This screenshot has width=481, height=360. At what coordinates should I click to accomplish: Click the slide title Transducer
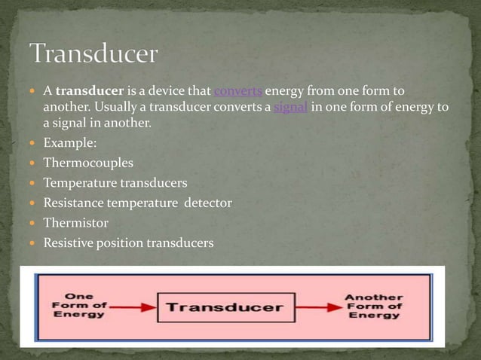(x=93, y=55)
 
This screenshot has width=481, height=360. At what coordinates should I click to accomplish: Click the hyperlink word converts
(x=238, y=92)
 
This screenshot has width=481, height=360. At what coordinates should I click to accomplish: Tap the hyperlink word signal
(x=290, y=108)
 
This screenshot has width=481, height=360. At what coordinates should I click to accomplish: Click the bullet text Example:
(x=70, y=142)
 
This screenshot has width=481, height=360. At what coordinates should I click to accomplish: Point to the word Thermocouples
(x=89, y=163)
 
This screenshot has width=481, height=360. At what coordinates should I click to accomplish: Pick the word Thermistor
(x=76, y=223)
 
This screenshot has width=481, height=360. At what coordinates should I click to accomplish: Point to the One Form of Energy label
(x=78, y=306)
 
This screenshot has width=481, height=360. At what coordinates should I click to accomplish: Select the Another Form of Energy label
(x=373, y=306)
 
